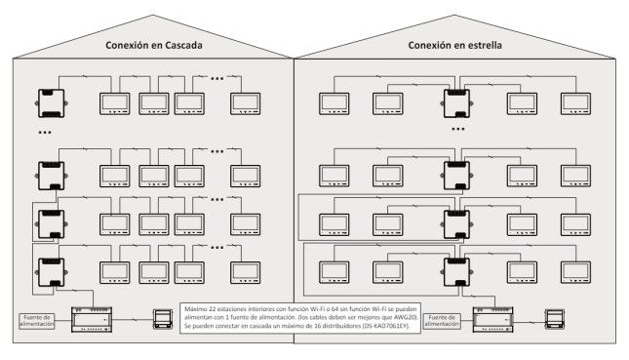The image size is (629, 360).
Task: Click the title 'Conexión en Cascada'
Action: click(x=154, y=45)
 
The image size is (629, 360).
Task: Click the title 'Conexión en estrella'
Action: click(x=454, y=45)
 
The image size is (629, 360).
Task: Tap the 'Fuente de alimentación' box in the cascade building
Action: click(x=37, y=321)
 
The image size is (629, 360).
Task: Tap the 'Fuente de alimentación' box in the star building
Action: click(x=442, y=321)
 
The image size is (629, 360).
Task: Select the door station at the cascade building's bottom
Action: click(x=163, y=319)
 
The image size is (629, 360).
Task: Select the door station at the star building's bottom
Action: click(x=555, y=319)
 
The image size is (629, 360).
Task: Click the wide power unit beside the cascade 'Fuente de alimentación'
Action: click(x=92, y=319)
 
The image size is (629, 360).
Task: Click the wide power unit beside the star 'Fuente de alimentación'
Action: click(x=493, y=319)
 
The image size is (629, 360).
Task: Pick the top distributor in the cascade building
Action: click(x=52, y=103)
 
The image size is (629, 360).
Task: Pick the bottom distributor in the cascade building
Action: click(x=52, y=272)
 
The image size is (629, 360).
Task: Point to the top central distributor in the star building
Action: click(x=457, y=103)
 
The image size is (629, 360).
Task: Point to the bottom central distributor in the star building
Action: click(x=457, y=272)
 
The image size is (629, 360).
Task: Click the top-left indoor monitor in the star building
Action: click(x=334, y=104)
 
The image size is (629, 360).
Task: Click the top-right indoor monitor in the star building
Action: click(x=575, y=104)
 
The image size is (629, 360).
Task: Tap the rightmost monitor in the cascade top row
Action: click(x=245, y=104)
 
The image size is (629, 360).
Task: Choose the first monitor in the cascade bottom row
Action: click(x=115, y=273)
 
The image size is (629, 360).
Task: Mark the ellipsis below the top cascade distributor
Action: click(x=45, y=133)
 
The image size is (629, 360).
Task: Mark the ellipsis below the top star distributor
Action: click(x=458, y=129)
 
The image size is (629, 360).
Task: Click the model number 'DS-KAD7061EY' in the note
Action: click(x=385, y=326)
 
